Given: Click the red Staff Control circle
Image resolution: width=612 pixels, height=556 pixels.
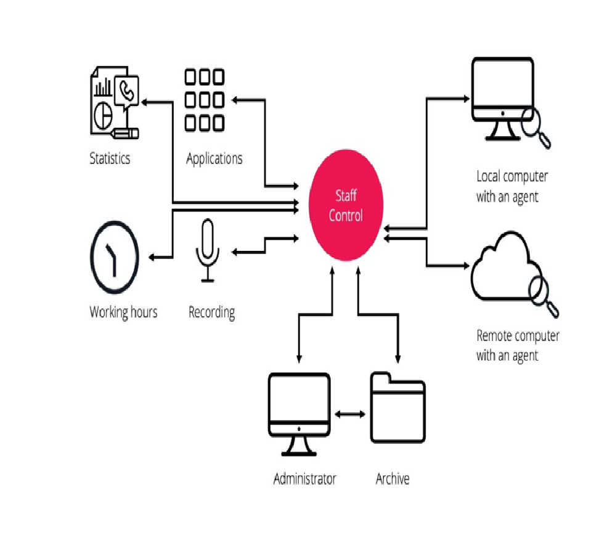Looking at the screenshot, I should pos(346,206).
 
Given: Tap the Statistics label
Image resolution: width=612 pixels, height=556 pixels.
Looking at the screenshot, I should pos(110,158).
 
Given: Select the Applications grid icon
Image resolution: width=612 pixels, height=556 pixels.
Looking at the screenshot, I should pos(205,99).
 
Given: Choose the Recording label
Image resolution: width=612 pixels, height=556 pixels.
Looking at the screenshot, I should pos(211,312).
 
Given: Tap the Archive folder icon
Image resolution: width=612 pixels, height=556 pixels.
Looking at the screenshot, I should pos(398,407).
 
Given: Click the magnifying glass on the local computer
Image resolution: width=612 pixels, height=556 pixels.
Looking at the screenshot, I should pos(534,126).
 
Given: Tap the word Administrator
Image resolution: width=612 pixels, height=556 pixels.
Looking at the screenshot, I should pos(304,479).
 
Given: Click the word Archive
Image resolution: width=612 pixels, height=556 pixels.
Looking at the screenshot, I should pos(393,479).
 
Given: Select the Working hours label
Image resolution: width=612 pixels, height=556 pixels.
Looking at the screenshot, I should pos(123,312).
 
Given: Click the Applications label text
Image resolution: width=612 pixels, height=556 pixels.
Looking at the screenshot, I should pos(214,158).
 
